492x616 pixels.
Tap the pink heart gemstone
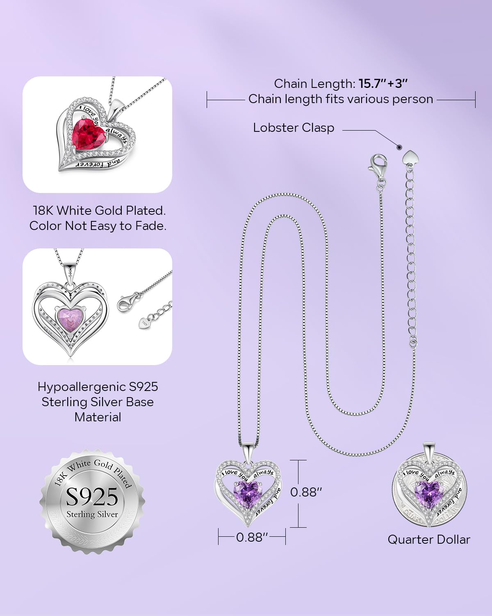point(71,319)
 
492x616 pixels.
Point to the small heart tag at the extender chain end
point(410,157)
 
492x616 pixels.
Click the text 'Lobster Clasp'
point(294,128)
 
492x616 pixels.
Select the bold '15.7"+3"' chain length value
point(383,84)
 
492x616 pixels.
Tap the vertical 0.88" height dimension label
point(306,492)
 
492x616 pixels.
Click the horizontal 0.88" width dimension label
point(252,537)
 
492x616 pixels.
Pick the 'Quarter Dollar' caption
point(429,540)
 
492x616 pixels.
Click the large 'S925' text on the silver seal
point(92,497)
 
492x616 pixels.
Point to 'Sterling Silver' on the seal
point(92,515)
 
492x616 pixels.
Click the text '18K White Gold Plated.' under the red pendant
point(99,210)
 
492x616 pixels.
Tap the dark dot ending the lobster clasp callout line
point(399,147)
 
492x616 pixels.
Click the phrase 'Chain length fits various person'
point(341,99)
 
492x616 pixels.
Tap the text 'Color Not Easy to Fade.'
point(98,225)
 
